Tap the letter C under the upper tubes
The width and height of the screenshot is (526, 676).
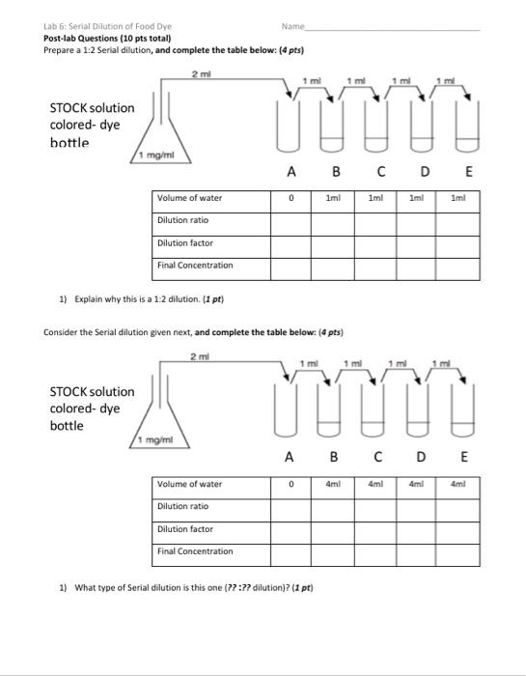[381, 174]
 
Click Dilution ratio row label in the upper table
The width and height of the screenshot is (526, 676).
[183, 220]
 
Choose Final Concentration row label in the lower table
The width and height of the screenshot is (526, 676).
[194, 551]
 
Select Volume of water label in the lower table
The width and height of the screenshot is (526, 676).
[189, 484]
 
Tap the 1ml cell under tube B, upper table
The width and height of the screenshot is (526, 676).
[331, 198]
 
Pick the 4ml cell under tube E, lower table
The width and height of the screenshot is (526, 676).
[457, 484]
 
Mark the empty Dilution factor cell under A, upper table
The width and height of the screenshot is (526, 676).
[290, 243]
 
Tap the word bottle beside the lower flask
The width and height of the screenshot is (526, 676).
[69, 426]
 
